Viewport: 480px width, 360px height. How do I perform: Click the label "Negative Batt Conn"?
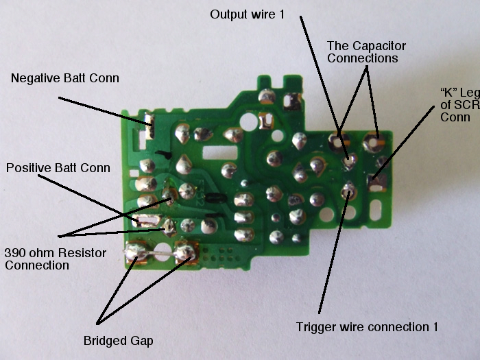[x=65, y=78]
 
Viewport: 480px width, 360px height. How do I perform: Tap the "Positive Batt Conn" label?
[x=58, y=167]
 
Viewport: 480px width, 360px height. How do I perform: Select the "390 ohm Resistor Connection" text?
[x=56, y=259]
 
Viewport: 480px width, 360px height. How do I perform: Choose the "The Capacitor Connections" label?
[x=367, y=52]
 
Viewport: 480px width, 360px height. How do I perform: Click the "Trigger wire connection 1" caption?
[x=367, y=326]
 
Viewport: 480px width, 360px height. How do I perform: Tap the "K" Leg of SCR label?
[x=460, y=104]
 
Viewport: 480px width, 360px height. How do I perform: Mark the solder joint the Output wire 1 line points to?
[x=349, y=162]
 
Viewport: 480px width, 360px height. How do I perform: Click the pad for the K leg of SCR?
[x=375, y=182]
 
